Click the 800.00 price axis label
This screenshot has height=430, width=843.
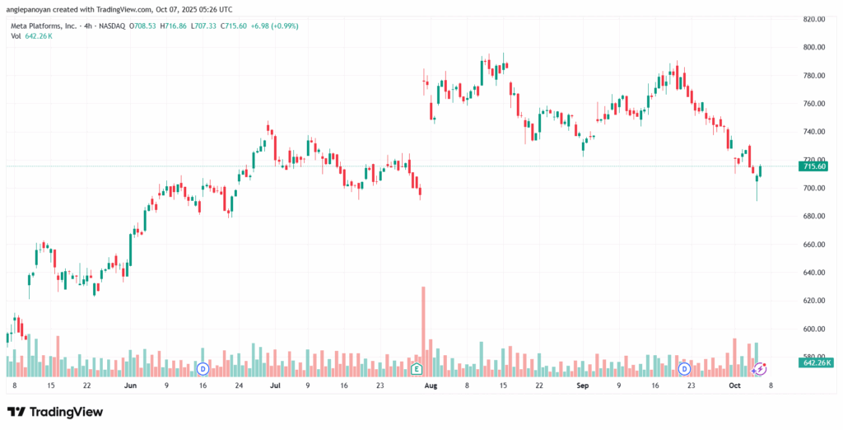coord(814,47)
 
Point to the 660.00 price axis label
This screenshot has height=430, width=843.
coord(814,245)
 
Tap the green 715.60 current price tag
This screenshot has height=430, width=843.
coord(815,167)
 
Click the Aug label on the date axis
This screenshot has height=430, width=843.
coord(431,386)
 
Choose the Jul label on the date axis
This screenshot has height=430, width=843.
coord(275,386)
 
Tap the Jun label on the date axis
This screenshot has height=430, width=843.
coord(129,386)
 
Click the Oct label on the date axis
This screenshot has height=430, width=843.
coord(734,386)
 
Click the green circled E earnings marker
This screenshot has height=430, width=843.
coord(416,369)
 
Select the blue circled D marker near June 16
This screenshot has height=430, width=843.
coord(203,369)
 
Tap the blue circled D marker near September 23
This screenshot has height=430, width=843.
coord(684,369)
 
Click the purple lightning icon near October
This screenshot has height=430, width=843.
coord(759,369)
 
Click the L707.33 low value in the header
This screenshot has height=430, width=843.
coord(205,26)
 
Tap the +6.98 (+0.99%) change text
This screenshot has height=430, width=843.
coord(272,26)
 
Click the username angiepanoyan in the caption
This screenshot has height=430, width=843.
coord(28,9)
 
